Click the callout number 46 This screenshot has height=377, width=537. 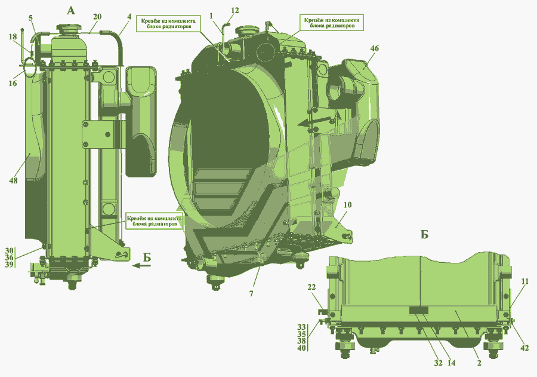[374, 48]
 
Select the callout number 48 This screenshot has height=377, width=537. [13, 180]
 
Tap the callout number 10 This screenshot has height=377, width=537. [347, 205]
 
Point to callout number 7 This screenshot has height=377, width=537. [251, 293]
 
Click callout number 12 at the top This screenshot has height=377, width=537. [234, 11]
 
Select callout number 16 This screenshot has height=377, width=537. [13, 84]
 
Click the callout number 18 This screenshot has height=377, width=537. [13, 37]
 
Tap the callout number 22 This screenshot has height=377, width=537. [311, 287]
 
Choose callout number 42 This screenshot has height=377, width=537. [524, 348]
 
